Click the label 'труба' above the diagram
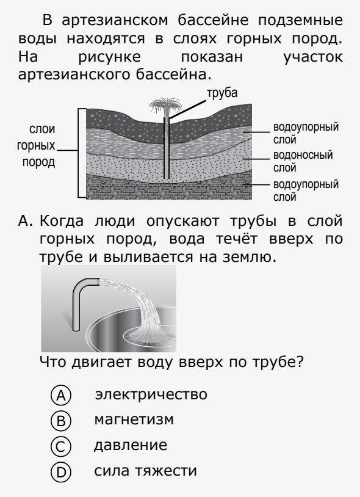[x=222, y=93]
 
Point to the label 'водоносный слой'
[x=303, y=161]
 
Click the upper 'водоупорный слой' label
[x=306, y=133]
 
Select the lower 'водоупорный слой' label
[x=306, y=190]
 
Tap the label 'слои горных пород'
[x=36, y=145]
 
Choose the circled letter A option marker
[x=61, y=395]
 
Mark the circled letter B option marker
[x=61, y=421]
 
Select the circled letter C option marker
[x=61, y=446]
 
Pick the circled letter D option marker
[x=61, y=472]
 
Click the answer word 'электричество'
[x=151, y=394]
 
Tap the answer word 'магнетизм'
[x=134, y=419]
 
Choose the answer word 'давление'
[x=131, y=445]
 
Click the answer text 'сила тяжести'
[x=145, y=471]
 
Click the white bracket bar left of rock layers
[x=82, y=153]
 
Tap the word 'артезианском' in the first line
[x=115, y=21]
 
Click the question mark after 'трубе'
[x=300, y=361]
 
